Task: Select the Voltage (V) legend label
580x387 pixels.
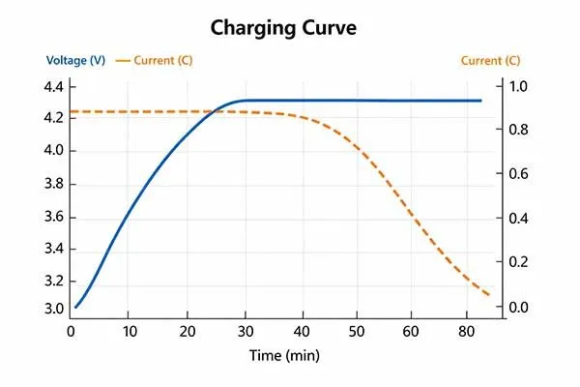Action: (62, 61)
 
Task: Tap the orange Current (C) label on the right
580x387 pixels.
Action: (494, 61)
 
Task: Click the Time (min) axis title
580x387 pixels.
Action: (284, 355)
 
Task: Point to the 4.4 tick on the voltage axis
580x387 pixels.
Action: (53, 87)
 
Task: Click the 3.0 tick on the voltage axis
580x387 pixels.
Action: (53, 308)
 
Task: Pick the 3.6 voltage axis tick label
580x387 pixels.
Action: (53, 217)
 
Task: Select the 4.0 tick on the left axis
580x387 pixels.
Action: (53, 151)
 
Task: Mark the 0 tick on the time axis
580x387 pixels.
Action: (72, 331)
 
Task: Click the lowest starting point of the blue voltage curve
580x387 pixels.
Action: (75, 307)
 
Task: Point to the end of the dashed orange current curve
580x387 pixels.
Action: (490, 295)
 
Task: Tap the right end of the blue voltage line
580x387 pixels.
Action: (481, 101)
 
